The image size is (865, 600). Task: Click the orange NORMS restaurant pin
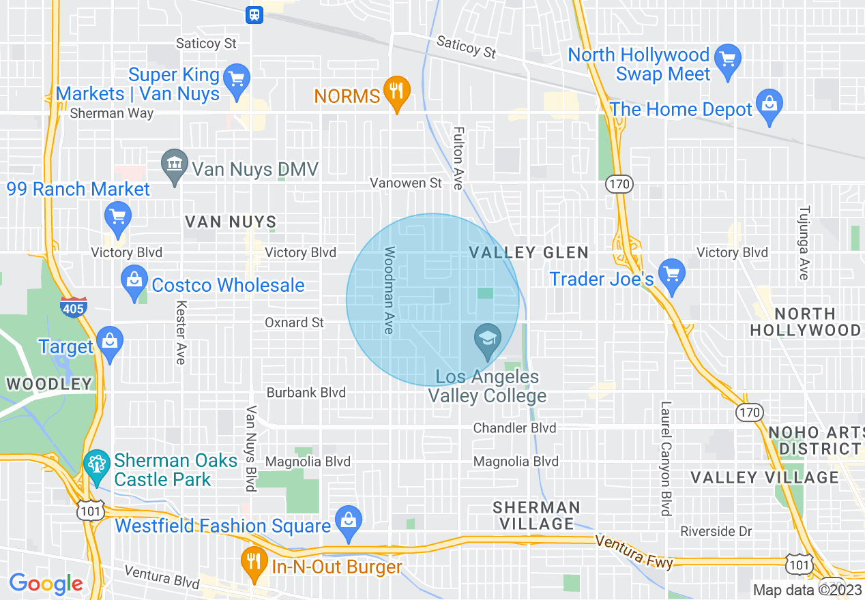396,91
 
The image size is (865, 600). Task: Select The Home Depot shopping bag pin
769,105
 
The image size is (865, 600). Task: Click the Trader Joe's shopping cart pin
672,275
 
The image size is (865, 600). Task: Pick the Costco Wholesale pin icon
134,281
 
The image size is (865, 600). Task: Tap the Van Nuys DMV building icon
175,166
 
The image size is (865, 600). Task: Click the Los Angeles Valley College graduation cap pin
487,340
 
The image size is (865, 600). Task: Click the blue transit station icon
254,14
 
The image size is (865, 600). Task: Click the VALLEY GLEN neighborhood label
529,253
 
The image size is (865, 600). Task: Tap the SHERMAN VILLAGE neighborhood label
537,515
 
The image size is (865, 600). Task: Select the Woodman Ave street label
389,290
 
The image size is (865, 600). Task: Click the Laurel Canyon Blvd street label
666,458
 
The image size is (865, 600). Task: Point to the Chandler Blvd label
515,428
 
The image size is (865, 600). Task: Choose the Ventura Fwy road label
634,551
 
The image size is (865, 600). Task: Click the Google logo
46,584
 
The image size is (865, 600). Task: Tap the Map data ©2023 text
808,590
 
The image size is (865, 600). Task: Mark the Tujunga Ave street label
804,243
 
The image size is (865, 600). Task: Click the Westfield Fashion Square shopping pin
349,522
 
